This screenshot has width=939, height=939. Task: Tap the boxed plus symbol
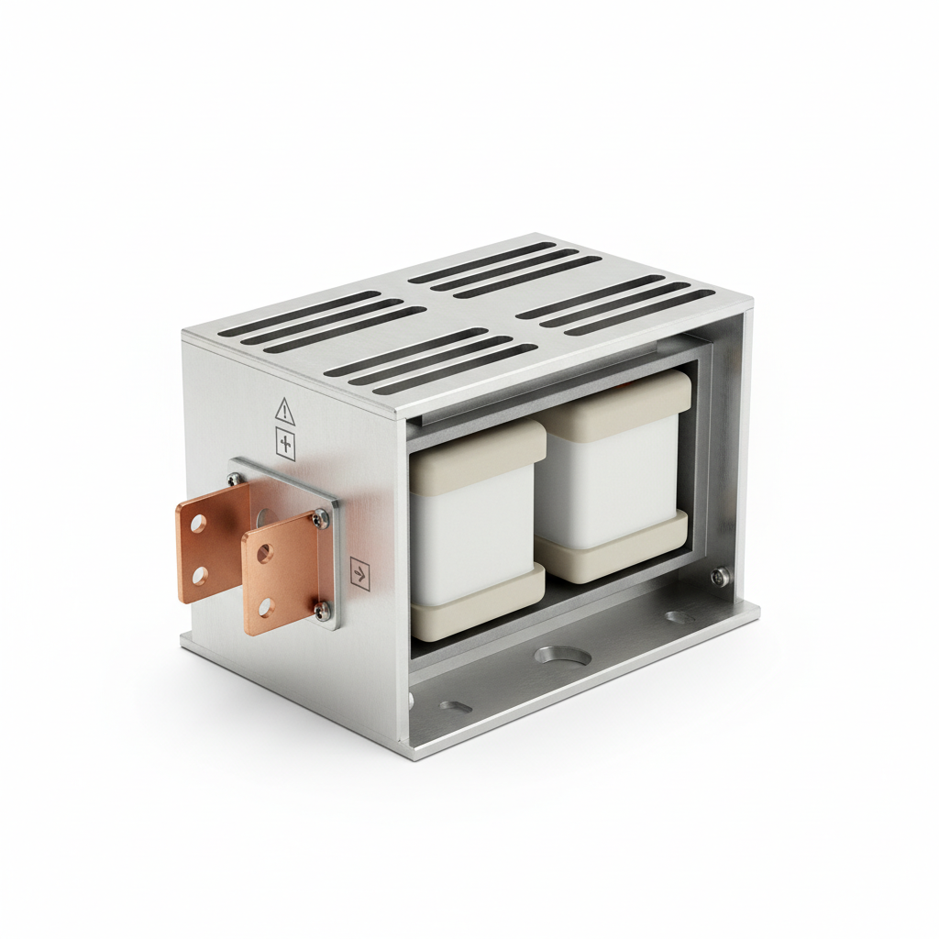[286, 445]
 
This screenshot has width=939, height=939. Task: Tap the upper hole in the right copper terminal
[264, 553]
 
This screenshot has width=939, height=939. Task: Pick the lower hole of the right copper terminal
[265, 605]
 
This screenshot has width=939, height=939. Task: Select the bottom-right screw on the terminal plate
[320, 609]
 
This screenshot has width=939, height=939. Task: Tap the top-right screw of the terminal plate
[320, 520]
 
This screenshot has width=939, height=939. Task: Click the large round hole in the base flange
[555, 655]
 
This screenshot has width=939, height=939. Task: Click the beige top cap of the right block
[624, 396]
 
